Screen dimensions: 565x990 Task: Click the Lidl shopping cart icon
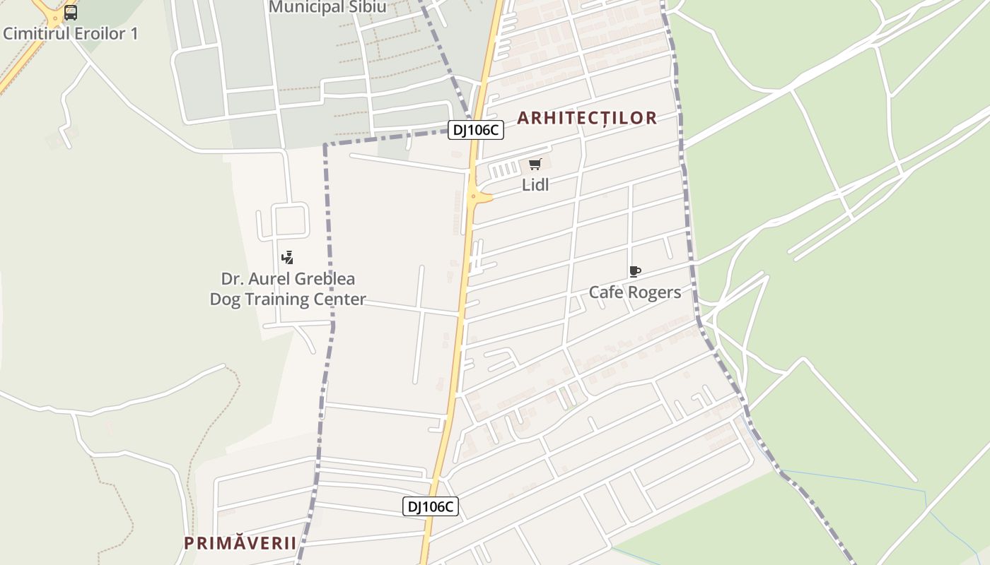pyautogui.click(x=535, y=165)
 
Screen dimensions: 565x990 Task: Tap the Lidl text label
pyautogui.click(x=535, y=185)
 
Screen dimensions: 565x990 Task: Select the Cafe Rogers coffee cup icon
pyautogui.click(x=634, y=272)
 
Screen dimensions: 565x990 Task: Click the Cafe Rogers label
pyautogui.click(x=635, y=292)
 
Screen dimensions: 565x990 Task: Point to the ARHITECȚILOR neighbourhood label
pyautogui.click(x=587, y=118)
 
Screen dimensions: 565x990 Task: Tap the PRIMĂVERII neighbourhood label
pyautogui.click(x=240, y=543)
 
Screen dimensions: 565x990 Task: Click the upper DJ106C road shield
pyautogui.click(x=475, y=130)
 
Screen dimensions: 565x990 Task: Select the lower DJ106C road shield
pyautogui.click(x=431, y=506)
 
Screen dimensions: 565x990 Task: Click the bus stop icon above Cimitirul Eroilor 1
pyautogui.click(x=71, y=12)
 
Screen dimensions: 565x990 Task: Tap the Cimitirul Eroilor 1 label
pyautogui.click(x=71, y=33)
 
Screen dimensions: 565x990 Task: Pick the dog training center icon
pyautogui.click(x=287, y=257)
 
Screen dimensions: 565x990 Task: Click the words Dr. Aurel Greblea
pyautogui.click(x=288, y=279)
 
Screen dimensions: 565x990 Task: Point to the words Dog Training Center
pyautogui.click(x=288, y=299)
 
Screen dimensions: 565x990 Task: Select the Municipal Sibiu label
pyautogui.click(x=328, y=7)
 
